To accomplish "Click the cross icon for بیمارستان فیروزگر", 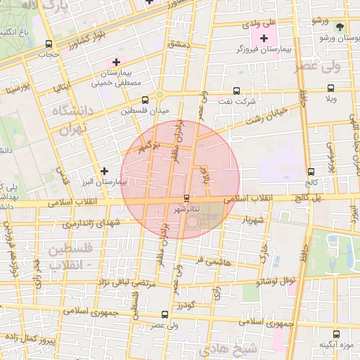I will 264,38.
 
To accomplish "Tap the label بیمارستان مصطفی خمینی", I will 117,77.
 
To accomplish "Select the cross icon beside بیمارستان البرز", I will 105,170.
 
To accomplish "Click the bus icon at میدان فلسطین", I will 145,100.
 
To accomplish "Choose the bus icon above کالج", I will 311,172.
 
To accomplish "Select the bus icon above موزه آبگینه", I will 335,334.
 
